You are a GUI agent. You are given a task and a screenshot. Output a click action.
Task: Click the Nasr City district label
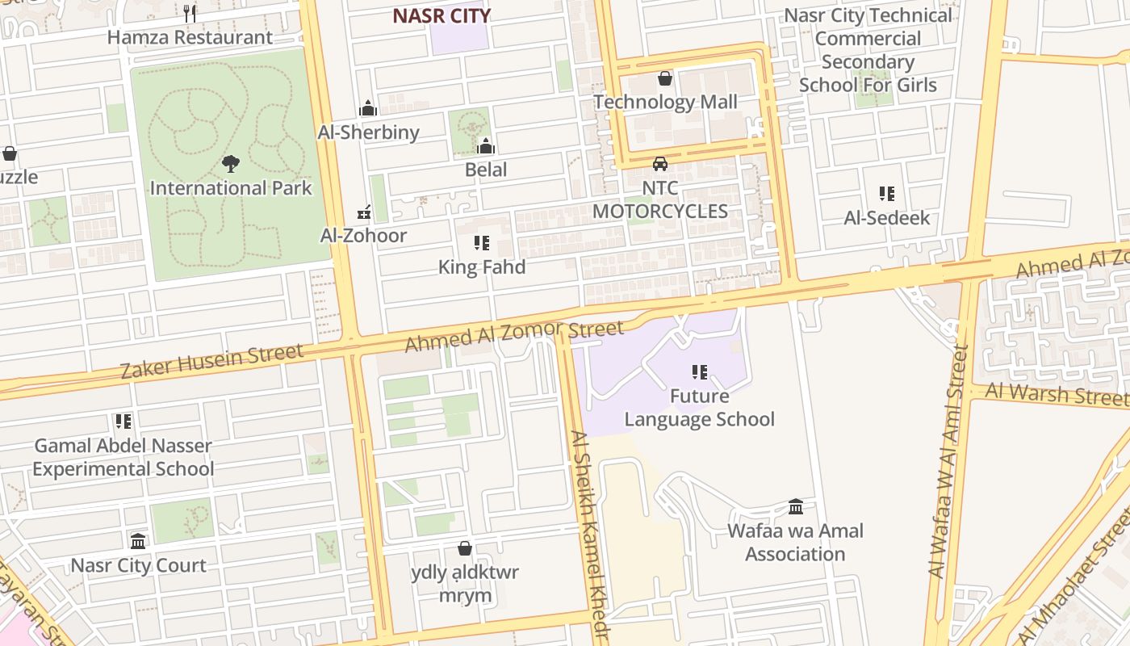pos(442,15)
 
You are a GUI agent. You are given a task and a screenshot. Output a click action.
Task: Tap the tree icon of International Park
pos(231,164)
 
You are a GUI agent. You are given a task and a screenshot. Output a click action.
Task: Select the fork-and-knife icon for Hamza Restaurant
pos(190,13)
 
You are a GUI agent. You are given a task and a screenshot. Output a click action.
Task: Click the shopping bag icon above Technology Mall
pos(665,78)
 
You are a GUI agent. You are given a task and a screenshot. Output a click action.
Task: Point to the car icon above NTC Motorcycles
pos(660,164)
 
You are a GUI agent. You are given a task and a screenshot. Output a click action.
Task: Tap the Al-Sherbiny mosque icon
pos(368,108)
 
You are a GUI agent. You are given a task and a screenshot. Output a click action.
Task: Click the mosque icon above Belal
pos(486,146)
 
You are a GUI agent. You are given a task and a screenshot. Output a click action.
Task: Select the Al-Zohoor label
pos(363,235)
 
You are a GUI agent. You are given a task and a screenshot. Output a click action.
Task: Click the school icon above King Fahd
pos(482,243)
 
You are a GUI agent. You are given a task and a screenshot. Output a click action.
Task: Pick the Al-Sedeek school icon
pos(887,194)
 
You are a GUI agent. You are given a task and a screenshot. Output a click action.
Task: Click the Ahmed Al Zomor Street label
pos(514,335)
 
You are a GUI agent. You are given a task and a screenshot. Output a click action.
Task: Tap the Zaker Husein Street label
pos(212,360)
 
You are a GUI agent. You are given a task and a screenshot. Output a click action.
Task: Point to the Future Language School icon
pos(700,372)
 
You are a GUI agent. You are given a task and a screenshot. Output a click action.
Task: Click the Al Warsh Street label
pos(1056,394)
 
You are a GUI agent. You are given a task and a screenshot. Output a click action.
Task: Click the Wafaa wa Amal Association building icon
pos(796,507)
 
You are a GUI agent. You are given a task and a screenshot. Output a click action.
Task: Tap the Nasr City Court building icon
pos(138,541)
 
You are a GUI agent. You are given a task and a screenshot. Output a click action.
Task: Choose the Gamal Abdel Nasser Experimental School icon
pos(123,422)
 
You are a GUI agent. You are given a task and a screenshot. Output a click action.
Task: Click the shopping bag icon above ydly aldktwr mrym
pos(465,549)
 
